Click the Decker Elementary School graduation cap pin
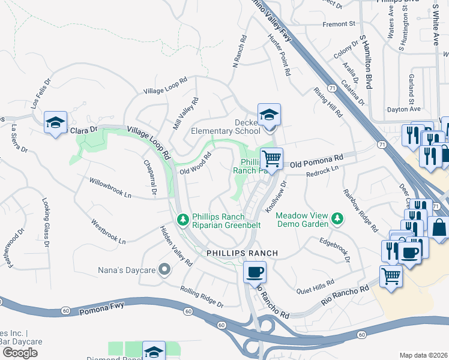[270, 115]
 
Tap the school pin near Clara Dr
[55, 124]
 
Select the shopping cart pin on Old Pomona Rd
[272, 159]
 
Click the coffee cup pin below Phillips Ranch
[255, 272]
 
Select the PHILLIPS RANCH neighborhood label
[243, 253]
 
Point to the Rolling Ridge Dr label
[202, 296]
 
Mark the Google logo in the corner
[20, 353]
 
